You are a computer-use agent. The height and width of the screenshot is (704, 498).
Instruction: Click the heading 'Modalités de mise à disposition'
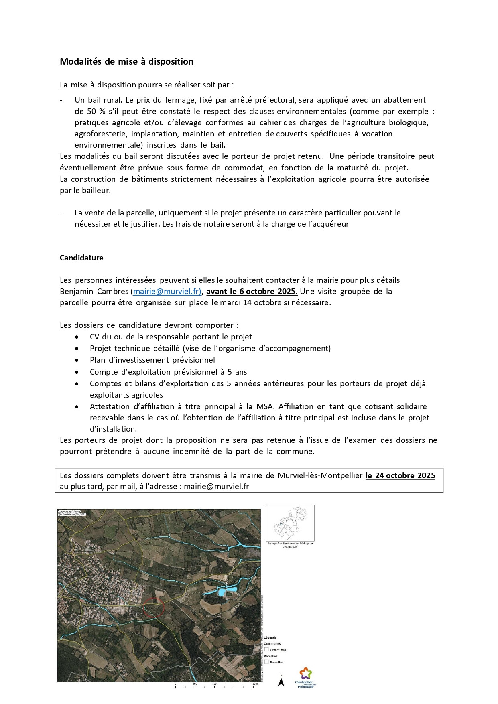coord(126,62)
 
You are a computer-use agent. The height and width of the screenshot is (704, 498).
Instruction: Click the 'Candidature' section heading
coord(81,258)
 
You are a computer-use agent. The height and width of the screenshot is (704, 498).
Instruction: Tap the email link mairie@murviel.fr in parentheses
coord(167,292)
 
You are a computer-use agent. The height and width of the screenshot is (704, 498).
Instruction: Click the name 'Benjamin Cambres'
coord(94,292)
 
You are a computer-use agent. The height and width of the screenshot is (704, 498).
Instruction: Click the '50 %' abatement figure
coord(96,112)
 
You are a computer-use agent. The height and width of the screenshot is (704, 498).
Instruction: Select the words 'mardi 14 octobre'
coord(248,303)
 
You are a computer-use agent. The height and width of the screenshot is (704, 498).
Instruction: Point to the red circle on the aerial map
coord(154,607)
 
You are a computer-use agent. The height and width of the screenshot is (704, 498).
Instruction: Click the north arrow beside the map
coord(281,681)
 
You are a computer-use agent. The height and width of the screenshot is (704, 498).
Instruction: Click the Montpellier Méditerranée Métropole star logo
coord(305,674)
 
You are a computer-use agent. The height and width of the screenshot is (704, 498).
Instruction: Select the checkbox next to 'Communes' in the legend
coord(266,649)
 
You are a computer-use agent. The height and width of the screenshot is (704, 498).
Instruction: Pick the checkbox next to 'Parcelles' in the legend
coord(266,662)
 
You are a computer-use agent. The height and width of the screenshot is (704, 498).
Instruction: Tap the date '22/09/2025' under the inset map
coord(290,547)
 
